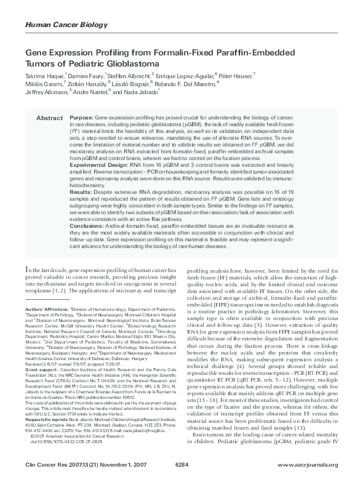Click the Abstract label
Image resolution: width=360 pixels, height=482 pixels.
point(49,117)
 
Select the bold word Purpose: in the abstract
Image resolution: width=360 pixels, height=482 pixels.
point(81,117)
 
